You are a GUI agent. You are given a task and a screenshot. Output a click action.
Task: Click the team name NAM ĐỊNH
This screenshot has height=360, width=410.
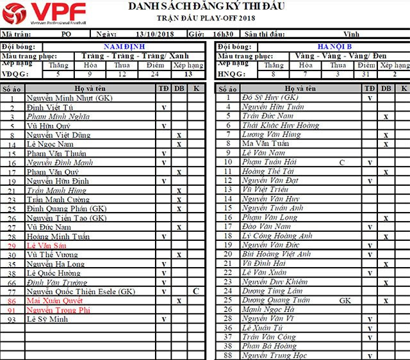tap(124, 47)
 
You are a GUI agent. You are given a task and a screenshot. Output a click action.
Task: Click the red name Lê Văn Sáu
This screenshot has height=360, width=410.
tap(45, 246)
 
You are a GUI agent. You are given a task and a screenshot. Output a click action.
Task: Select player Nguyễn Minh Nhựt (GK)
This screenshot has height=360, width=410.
tap(69, 98)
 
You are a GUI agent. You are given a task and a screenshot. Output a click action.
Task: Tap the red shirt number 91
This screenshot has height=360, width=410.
tap(12, 309)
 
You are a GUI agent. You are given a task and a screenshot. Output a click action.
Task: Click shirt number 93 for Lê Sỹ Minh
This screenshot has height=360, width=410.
tap(12, 319)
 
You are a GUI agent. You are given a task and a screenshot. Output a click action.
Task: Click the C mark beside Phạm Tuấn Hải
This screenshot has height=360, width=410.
tap(342, 162)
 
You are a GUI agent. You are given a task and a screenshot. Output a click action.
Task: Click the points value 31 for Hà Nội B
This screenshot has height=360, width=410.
tap(366, 74)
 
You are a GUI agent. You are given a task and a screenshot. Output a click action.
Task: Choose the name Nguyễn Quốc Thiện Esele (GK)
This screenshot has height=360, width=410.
tap(81, 291)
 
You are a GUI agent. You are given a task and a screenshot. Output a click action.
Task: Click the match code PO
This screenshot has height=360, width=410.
tap(67, 33)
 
